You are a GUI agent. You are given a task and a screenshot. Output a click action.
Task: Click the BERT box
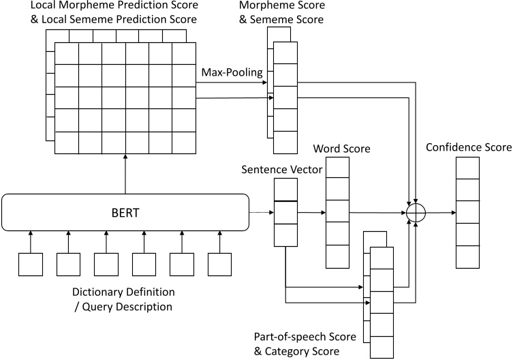click(x=125, y=213)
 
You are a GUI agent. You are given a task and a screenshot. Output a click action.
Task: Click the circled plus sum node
click(x=415, y=212)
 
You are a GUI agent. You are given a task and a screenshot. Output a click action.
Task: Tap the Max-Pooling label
click(x=232, y=72)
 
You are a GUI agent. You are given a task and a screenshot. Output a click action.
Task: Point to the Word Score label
click(x=337, y=148)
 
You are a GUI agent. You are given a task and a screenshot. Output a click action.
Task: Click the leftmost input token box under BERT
click(x=31, y=264)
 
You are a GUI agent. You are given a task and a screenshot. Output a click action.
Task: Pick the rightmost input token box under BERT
click(x=220, y=264)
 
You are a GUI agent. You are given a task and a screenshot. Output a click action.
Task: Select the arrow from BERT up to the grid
click(x=125, y=173)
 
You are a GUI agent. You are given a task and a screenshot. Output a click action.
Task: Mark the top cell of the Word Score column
click(x=337, y=168)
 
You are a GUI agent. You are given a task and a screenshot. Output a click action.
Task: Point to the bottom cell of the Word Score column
click(x=337, y=256)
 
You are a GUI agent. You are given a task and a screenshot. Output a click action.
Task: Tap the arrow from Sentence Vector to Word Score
click(x=312, y=212)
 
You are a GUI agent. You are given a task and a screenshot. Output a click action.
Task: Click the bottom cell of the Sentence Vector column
click(x=285, y=235)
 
